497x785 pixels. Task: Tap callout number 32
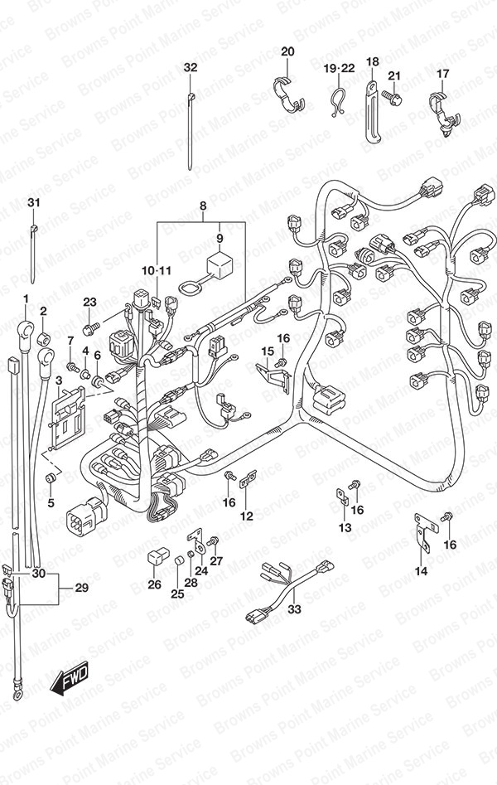191,67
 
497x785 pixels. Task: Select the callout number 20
287,52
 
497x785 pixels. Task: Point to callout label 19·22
338,67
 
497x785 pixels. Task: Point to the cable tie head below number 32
191,99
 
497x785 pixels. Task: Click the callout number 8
202,205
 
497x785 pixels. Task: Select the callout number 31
33,203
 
